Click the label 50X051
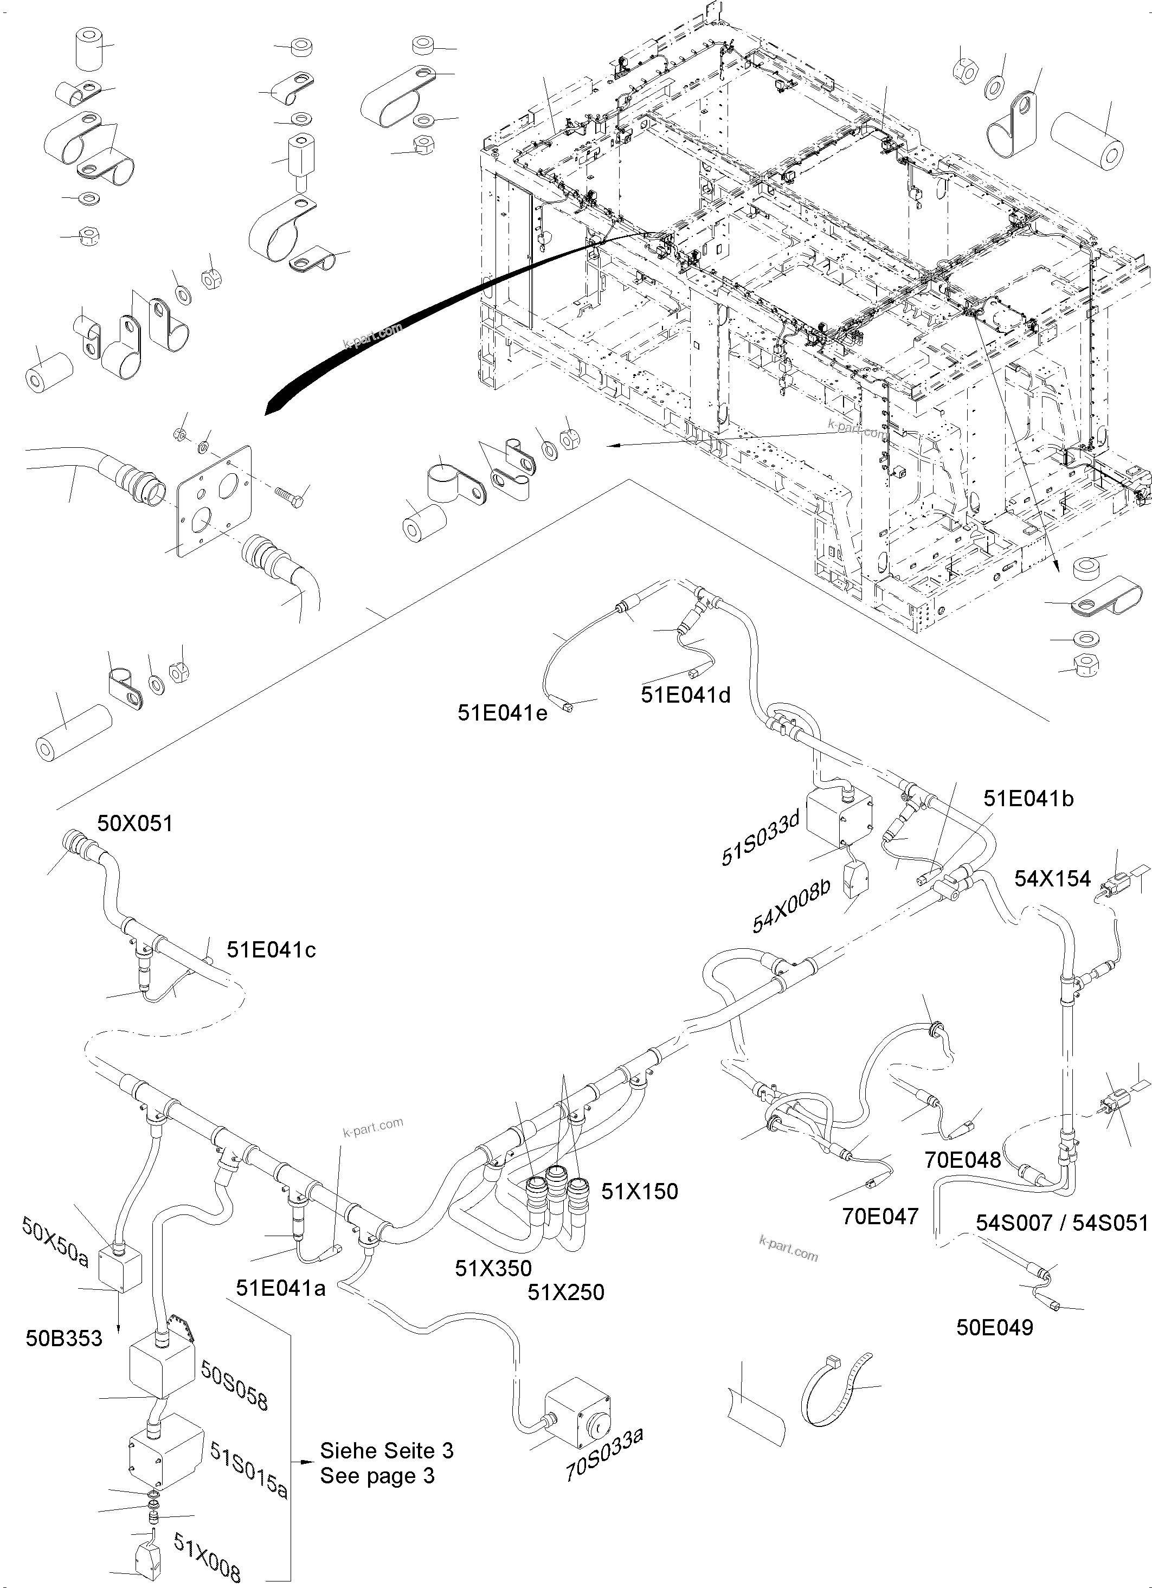tap(134, 824)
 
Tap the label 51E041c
tap(271, 949)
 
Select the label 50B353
tap(65, 1338)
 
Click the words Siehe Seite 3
tap(387, 1450)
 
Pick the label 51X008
tap(207, 1552)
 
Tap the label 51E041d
tap(686, 695)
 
